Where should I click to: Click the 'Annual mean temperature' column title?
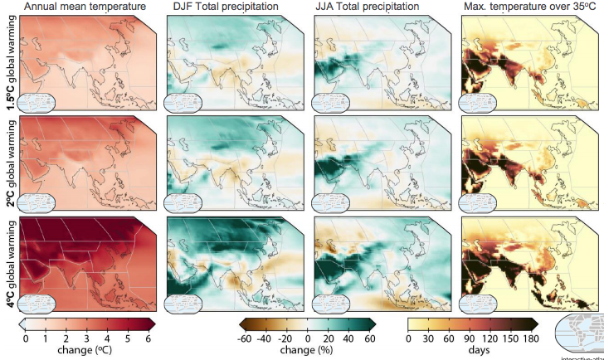[85, 7]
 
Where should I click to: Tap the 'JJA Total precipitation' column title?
[368, 7]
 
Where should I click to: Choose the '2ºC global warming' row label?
[7, 163]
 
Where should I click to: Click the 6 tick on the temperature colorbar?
[148, 338]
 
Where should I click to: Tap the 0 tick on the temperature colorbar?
[25, 338]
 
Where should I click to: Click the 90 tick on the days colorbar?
[468, 338]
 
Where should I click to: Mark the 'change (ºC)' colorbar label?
[85, 350]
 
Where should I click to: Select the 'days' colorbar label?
[469, 350]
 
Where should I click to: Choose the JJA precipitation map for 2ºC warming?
[382, 162]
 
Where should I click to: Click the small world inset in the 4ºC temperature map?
[37, 303]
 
